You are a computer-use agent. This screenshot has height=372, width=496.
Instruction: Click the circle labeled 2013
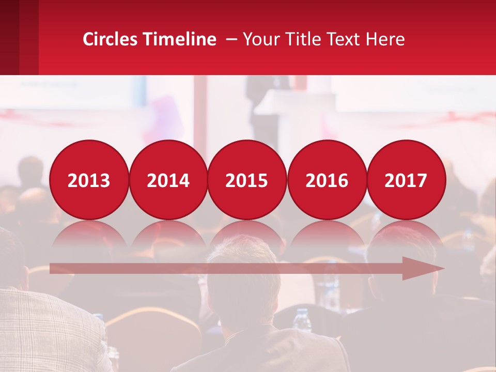pos(89,180)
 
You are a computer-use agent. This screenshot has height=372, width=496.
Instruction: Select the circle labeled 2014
pos(168,180)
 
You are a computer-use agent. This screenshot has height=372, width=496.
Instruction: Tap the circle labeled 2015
pos(247,180)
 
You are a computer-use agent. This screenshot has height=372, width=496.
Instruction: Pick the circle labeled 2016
pos(327,180)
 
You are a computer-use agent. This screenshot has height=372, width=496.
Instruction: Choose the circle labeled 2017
pos(406,180)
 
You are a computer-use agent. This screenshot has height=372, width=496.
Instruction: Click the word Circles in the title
pos(111,39)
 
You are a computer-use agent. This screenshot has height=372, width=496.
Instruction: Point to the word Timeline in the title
pos(180,39)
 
